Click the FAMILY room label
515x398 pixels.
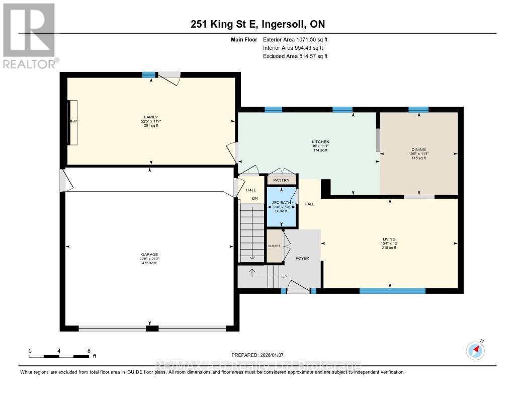pos(147,117)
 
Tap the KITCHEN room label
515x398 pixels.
pos(320,141)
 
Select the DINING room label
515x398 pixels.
pos(418,149)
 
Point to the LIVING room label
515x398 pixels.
pos(389,239)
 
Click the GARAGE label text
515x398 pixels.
pos(149,254)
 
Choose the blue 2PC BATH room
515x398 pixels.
pos(281,207)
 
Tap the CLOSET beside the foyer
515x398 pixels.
pos(274,246)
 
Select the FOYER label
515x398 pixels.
pos(302,258)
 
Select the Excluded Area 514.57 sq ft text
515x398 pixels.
pos(295,56)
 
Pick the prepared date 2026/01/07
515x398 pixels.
pos(257,354)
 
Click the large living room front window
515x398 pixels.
pos(392,290)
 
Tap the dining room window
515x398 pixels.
pos(418,110)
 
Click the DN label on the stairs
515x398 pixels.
pos(254,198)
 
